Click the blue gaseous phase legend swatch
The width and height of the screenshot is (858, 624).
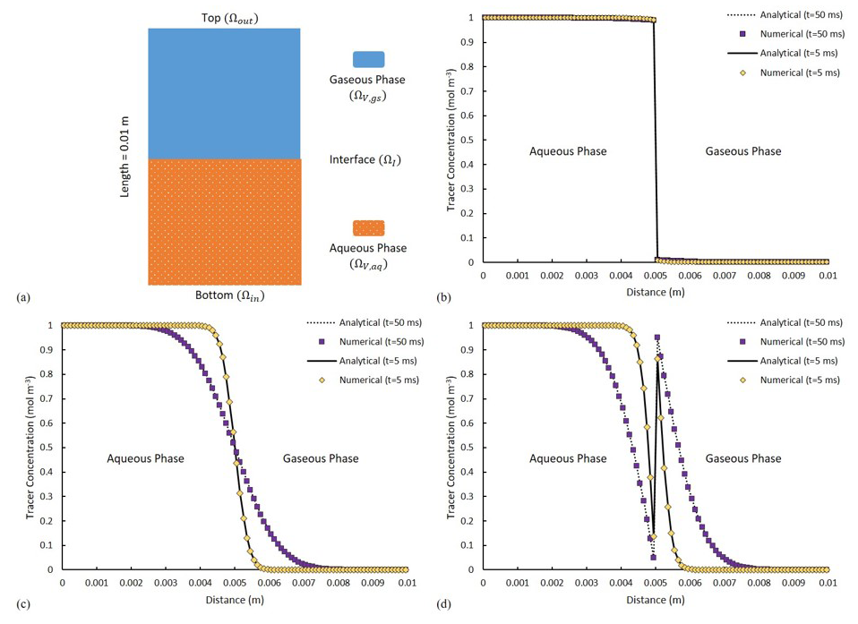(369, 59)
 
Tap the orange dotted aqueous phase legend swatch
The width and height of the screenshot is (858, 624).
(369, 227)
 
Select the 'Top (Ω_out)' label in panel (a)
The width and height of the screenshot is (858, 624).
(224, 18)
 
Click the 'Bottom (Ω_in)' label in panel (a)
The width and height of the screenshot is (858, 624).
(224, 295)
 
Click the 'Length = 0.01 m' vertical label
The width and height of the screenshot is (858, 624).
(126, 157)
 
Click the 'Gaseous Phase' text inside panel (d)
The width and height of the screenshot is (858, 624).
(742, 458)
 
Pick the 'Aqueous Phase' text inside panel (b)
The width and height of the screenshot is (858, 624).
(569, 151)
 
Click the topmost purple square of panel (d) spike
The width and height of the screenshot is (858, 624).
(657, 338)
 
